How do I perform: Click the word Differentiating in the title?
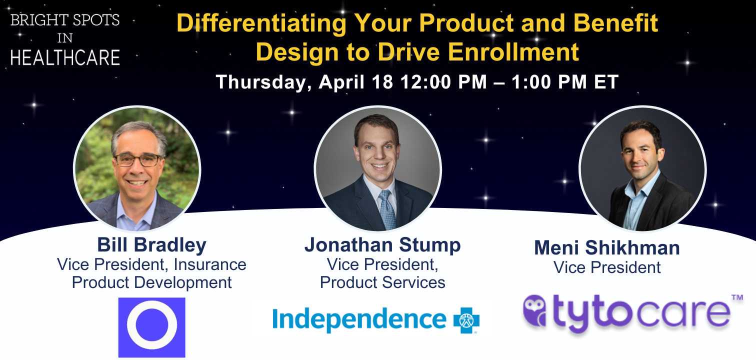point(261,23)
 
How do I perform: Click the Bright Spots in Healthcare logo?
point(65,39)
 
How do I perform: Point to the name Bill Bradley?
point(151,244)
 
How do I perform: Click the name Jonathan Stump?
point(382,244)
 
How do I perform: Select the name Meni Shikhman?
point(607,247)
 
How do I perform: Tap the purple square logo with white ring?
point(152,327)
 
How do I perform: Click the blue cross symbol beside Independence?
point(466,320)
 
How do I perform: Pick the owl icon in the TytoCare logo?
point(534,310)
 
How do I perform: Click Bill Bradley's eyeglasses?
point(137,160)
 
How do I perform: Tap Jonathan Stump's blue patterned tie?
point(387,209)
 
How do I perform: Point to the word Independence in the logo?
point(359,319)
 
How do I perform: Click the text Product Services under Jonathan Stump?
point(382,282)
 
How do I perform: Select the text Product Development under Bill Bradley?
point(151,282)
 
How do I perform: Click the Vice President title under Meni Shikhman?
point(607,267)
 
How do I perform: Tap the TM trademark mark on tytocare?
point(737,297)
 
